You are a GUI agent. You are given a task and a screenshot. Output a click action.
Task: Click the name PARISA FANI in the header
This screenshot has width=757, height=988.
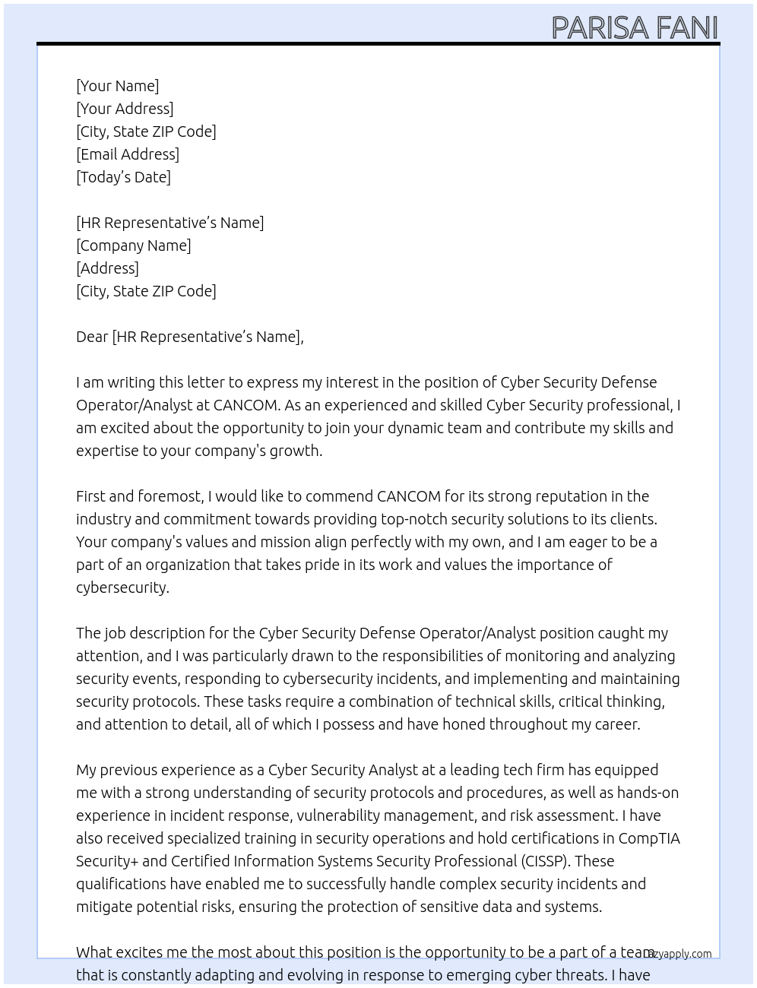634,27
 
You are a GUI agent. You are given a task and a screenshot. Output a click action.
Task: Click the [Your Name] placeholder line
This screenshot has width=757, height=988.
117,86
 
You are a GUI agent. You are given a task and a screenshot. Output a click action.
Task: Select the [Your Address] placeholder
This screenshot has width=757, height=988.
125,109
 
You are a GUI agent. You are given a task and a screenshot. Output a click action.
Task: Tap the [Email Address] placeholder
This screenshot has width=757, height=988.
128,154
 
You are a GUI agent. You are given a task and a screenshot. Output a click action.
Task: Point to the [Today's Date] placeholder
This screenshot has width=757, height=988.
123,177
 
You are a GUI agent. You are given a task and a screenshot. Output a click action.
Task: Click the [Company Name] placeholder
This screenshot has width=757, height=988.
134,245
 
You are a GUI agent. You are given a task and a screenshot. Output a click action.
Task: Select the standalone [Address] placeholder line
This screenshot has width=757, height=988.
107,268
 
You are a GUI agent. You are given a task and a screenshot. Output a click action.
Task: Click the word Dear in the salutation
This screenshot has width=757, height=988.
92,337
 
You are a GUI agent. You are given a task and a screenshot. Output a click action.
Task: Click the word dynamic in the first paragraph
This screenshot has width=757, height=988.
415,428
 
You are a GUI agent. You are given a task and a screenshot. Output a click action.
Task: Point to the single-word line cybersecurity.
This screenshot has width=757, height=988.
122,587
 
